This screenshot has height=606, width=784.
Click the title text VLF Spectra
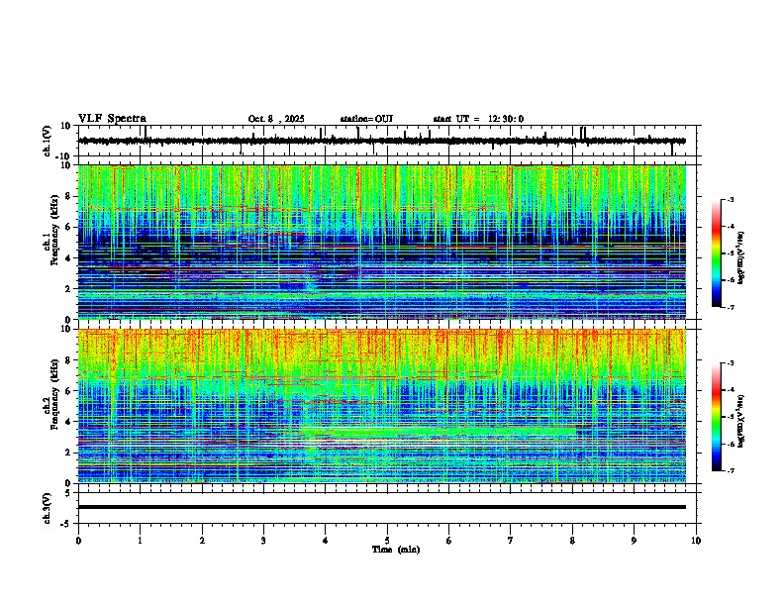pyautogui.click(x=112, y=119)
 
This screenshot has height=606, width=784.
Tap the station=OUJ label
pyautogui.click(x=366, y=119)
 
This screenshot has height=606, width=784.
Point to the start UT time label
pyautogui.click(x=478, y=119)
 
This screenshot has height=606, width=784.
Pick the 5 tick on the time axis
pyautogui.click(x=387, y=540)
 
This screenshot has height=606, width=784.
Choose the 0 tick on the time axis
pyautogui.click(x=78, y=540)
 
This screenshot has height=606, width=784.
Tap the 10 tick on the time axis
pyautogui.click(x=696, y=540)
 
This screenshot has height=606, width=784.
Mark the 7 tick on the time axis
pyautogui.click(x=511, y=540)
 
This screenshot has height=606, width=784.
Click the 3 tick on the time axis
pyautogui.click(x=263, y=540)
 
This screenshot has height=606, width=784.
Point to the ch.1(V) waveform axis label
pyautogui.click(x=49, y=141)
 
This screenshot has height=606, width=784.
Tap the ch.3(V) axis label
pyautogui.click(x=49, y=506)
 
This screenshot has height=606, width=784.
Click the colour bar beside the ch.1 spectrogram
pyautogui.click(x=716, y=252)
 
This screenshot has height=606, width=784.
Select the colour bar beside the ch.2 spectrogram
pyautogui.click(x=716, y=416)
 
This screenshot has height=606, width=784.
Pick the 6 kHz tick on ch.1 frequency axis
pyautogui.click(x=70, y=227)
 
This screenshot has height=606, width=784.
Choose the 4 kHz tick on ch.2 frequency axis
pyautogui.click(x=70, y=421)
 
